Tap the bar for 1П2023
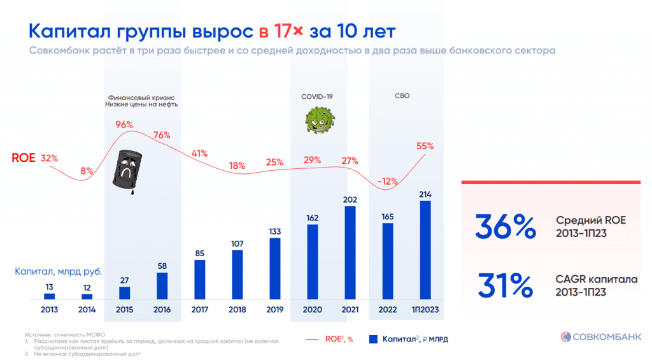pyautogui.click(x=425, y=250)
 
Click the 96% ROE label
pyautogui.click(x=124, y=124)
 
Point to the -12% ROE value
pyautogui.click(x=388, y=181)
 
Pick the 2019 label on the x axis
pyautogui.click(x=274, y=310)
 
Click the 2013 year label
pyautogui.click(x=49, y=310)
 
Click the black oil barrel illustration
pyautogui.click(x=128, y=169)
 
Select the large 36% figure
pyautogui.click(x=505, y=227)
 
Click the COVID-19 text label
pyautogui.click(x=317, y=96)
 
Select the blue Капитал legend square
pyautogui.click(x=374, y=339)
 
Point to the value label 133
pyautogui.click(x=274, y=231)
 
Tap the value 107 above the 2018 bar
pyautogui.click(x=237, y=243)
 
